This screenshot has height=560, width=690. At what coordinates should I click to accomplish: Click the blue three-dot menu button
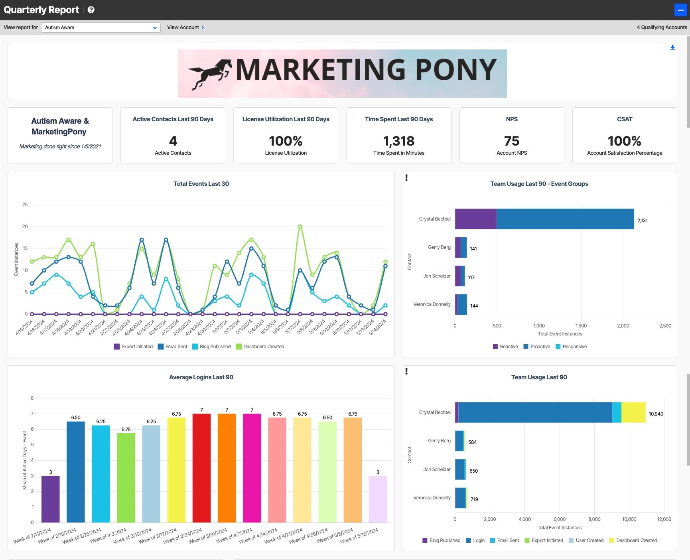(x=680, y=10)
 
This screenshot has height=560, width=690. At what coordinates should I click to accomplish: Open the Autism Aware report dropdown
(x=101, y=28)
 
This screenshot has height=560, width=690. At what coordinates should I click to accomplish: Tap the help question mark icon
(x=91, y=10)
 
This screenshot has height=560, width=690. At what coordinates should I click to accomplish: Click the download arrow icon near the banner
(x=672, y=48)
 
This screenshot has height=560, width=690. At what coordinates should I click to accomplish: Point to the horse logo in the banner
(x=210, y=74)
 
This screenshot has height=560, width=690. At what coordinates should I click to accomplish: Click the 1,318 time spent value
(x=399, y=141)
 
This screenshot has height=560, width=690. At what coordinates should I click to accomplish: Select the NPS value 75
(x=512, y=141)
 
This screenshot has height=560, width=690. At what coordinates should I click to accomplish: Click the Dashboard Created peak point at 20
(x=300, y=227)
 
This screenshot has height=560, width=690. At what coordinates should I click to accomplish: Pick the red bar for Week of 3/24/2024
(x=201, y=468)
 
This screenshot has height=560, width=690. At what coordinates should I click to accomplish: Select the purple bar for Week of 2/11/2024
(x=51, y=499)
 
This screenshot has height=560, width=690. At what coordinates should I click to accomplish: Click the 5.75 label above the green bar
(x=126, y=430)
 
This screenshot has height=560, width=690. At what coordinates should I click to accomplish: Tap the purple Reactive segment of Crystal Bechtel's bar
(x=476, y=219)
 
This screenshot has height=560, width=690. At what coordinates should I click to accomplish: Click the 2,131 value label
(x=643, y=221)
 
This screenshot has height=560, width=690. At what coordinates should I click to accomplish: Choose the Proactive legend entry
(x=537, y=347)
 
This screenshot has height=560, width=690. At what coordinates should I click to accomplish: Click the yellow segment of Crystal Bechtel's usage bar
(x=633, y=412)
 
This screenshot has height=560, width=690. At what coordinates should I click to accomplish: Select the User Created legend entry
(x=586, y=540)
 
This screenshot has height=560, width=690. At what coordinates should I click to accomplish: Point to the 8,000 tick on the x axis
(x=594, y=519)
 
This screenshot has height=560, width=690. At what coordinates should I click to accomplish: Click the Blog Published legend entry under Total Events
(x=211, y=347)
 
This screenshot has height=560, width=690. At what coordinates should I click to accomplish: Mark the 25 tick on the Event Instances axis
(x=25, y=205)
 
